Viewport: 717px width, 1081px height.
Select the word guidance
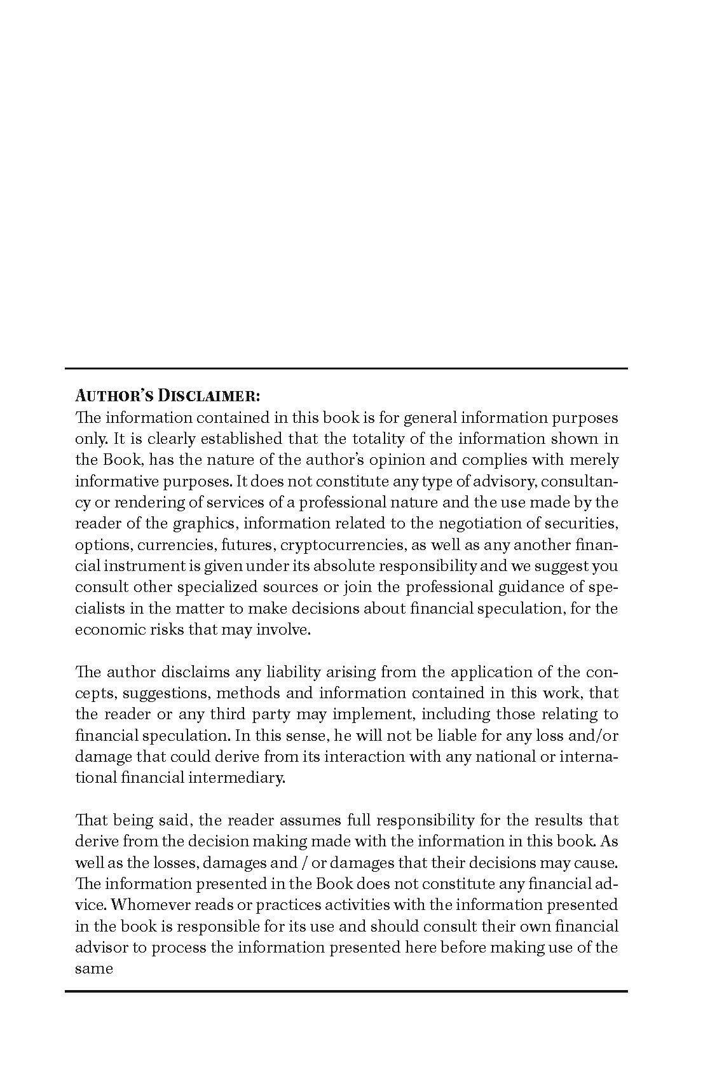(508, 587)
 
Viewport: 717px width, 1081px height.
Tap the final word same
(94, 969)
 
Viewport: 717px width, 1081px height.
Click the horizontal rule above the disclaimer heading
(346, 368)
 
